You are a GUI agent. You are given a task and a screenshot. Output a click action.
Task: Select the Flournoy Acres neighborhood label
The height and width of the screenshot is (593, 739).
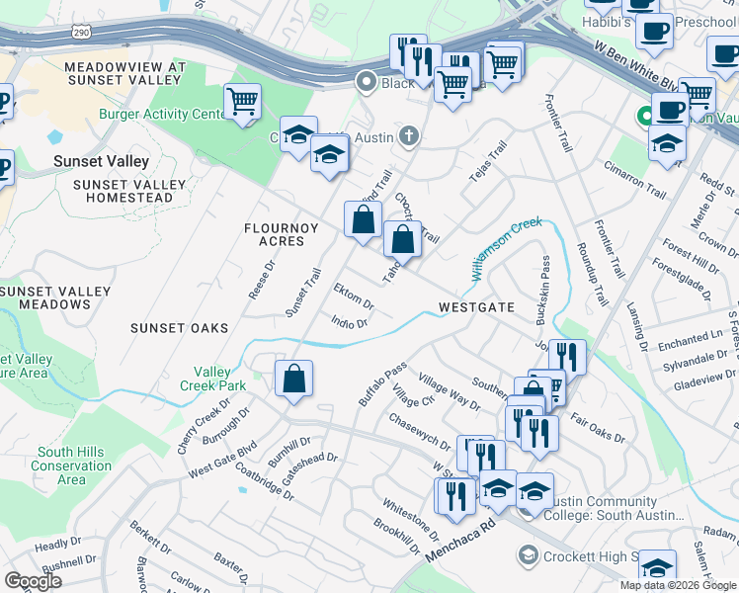[282, 235]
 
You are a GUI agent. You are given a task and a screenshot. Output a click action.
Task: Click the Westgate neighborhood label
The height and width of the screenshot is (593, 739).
[476, 307]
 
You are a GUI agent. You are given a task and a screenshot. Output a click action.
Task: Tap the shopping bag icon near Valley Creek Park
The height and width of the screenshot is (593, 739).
[294, 380]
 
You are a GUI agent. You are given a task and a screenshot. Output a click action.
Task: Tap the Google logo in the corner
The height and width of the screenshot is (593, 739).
[34, 580]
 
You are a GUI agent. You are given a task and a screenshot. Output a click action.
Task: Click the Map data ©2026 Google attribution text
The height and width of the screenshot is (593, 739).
[678, 585]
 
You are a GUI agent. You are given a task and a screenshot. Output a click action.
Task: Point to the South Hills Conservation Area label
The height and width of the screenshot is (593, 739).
[71, 466]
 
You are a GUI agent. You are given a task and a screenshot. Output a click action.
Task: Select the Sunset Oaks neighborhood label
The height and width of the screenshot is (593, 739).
[177, 327]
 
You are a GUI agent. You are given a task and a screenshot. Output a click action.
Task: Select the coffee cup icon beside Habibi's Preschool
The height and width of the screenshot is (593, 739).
[653, 32]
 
